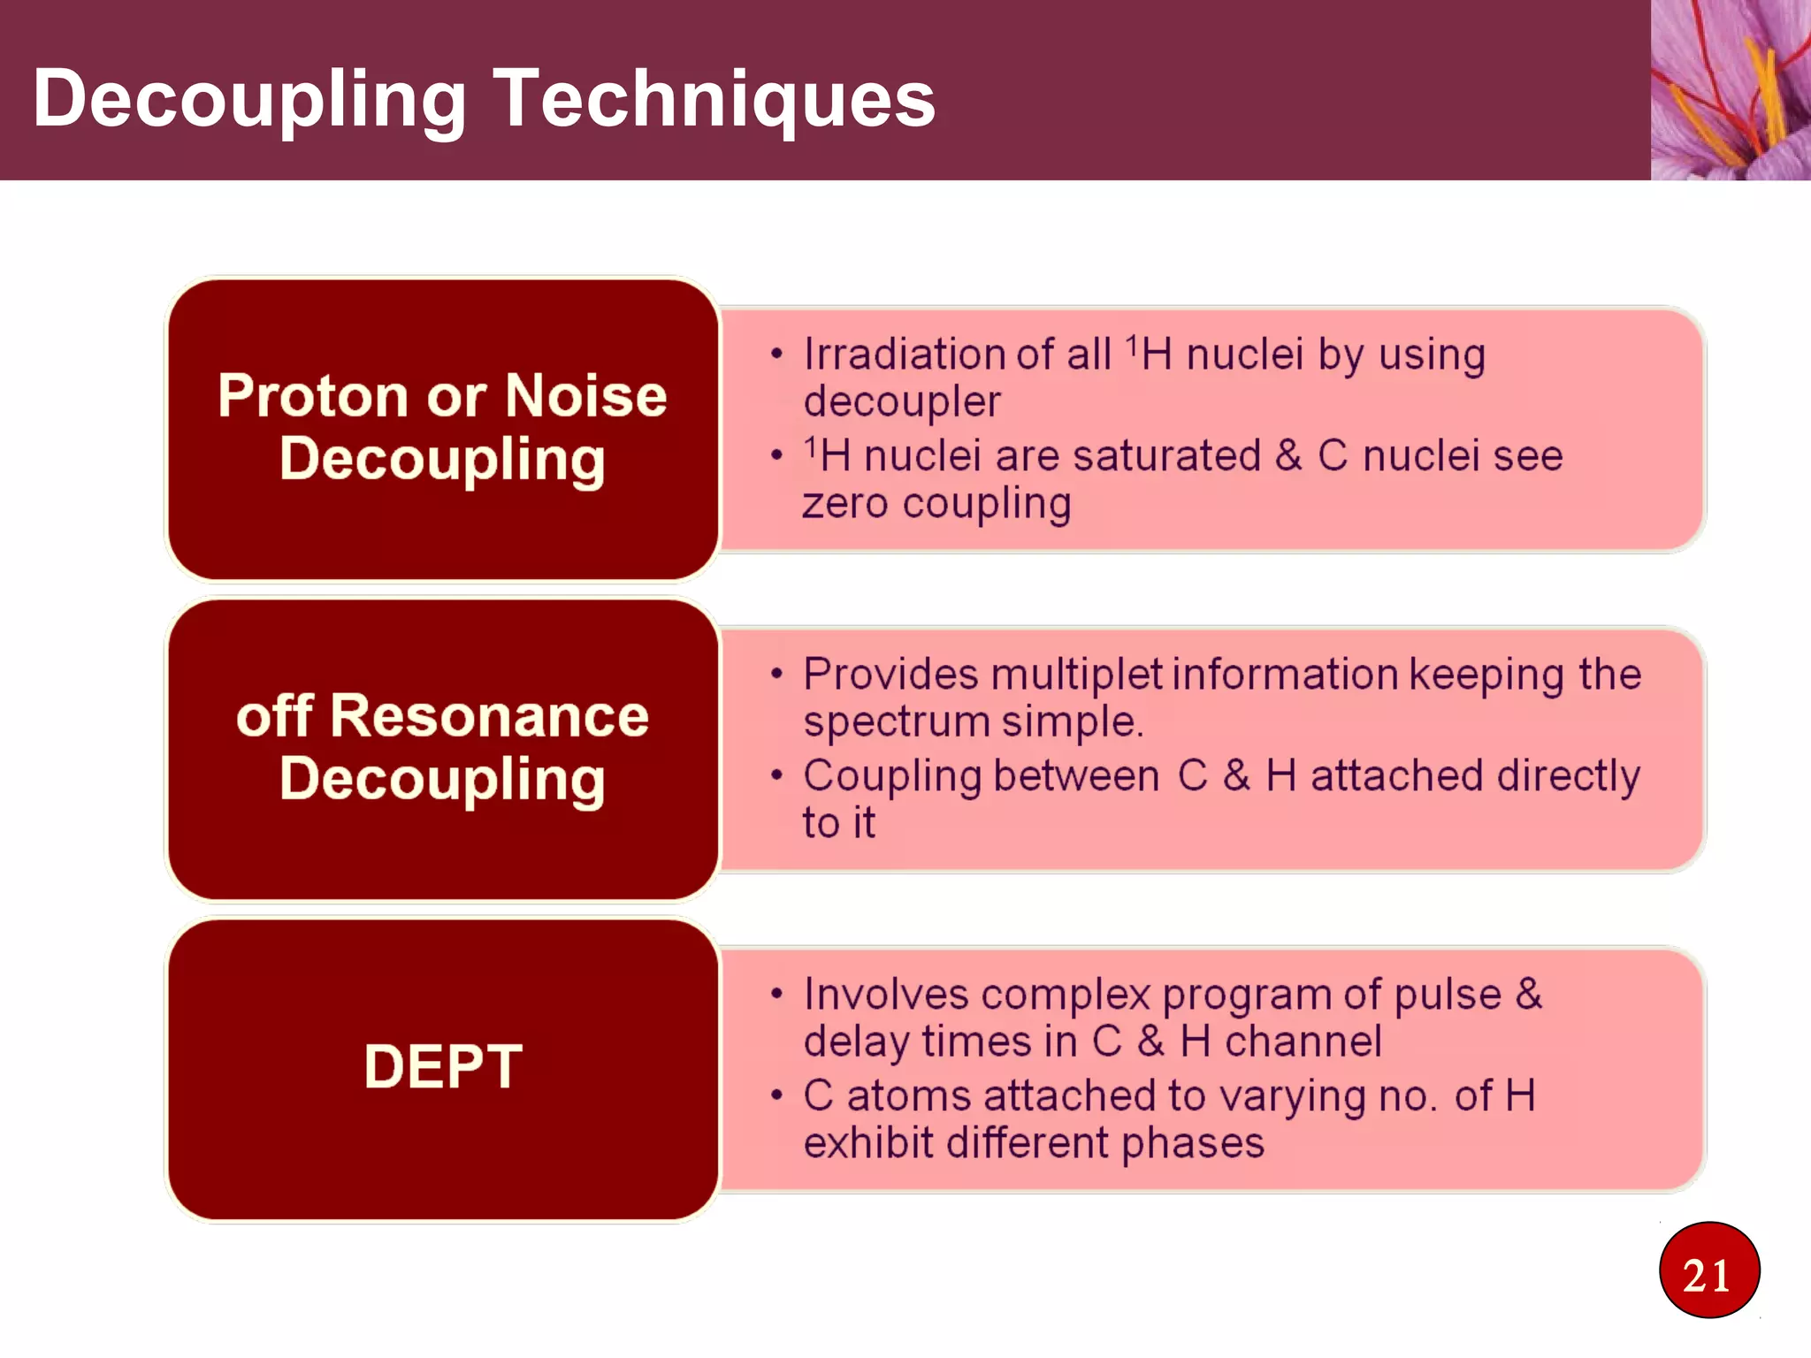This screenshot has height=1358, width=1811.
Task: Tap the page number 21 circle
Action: pyautogui.click(x=1708, y=1271)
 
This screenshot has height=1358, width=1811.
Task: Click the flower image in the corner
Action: pyautogui.click(x=1730, y=89)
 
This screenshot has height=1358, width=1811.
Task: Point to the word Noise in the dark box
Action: pyautogui.click(x=585, y=395)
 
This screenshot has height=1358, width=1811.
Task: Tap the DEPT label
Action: pyautogui.click(x=442, y=1066)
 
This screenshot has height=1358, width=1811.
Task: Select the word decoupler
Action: pyautogui.click(x=902, y=402)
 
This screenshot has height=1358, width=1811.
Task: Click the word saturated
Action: pyautogui.click(x=1166, y=456)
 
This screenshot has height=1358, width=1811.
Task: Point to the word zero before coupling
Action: pyautogui.click(x=844, y=504)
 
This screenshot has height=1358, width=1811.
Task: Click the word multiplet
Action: pyautogui.click(x=1076, y=675)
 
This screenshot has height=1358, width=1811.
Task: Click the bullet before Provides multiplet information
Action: pyautogui.click(x=776, y=675)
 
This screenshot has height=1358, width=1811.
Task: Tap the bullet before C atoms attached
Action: pyautogui.click(x=776, y=1096)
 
